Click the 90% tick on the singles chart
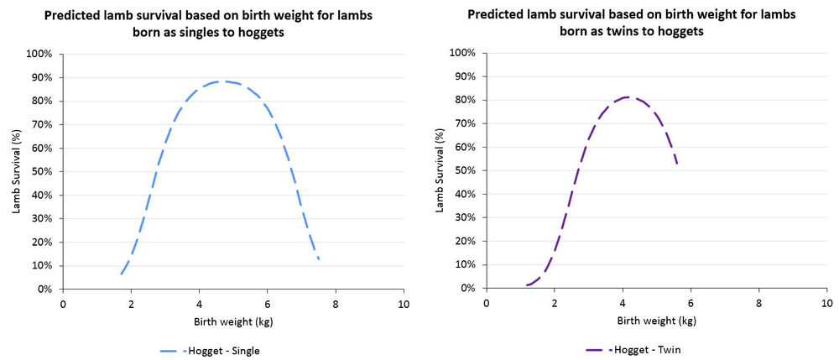tap(41, 77)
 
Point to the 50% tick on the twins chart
tap(465, 171)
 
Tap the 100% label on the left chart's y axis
tap(39, 54)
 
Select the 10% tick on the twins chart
tap(465, 265)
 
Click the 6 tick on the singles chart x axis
tap(268, 303)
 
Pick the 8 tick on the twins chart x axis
tap(759, 303)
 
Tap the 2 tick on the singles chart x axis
tap(131, 303)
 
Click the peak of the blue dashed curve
tap(221, 81)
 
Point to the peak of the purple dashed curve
tap(625, 97)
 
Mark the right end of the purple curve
tap(677, 163)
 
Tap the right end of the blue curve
tap(319, 259)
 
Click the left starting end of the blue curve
tap(121, 274)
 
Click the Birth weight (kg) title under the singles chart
tap(233, 321)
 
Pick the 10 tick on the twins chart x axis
tap(827, 303)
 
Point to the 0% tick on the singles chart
tap(44, 289)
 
